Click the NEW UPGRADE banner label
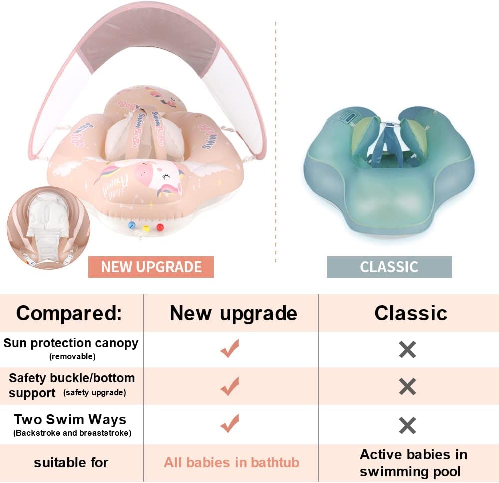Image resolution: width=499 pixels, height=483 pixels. click(x=151, y=267)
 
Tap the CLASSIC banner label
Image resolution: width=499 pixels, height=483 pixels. click(x=389, y=267)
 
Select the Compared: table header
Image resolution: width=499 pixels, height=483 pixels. click(x=69, y=314)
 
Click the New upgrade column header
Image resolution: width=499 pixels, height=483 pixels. click(x=233, y=314)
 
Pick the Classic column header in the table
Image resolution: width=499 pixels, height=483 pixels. click(x=411, y=313)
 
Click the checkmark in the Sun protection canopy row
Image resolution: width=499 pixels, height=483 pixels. click(x=230, y=348)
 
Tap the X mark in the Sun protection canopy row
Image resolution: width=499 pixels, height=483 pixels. click(x=407, y=350)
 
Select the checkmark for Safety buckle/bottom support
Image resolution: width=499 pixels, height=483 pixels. click(x=230, y=386)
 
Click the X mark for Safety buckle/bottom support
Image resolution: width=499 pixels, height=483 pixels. click(x=407, y=387)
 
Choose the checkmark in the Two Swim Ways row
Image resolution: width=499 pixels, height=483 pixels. click(x=230, y=424)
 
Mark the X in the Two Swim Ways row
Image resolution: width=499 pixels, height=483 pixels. click(x=407, y=426)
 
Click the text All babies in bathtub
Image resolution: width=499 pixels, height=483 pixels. click(x=232, y=463)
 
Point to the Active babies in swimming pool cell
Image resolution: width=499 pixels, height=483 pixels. click(x=413, y=463)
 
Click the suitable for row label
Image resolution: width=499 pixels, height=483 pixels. click(x=71, y=463)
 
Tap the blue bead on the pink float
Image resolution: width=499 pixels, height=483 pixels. click(x=132, y=226)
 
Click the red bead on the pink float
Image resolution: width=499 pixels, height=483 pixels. click(x=160, y=227)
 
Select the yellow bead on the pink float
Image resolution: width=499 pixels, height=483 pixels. click(x=146, y=228)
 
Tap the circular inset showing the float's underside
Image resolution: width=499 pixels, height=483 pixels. click(x=49, y=228)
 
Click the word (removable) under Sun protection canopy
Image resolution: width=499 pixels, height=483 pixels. click(x=72, y=356)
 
